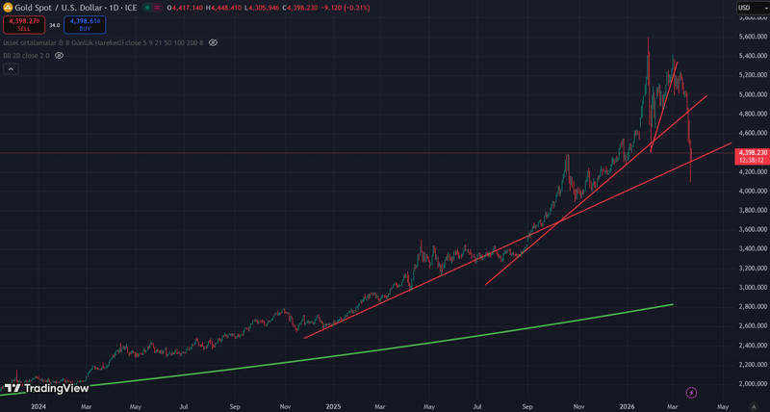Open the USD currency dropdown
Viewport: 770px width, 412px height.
(751, 9)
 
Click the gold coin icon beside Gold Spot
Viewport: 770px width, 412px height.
(8, 8)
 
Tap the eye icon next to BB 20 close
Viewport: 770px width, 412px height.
(59, 56)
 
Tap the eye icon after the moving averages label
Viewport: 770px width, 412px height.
(213, 42)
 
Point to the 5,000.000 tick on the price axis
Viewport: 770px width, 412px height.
(751, 94)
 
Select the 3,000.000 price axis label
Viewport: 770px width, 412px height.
(751, 287)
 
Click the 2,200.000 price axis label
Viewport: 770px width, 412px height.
(751, 364)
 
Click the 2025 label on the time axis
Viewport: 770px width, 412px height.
(334, 405)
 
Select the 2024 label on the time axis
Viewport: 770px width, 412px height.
(38, 405)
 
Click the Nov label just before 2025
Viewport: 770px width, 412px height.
(284, 405)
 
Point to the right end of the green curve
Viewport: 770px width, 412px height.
(672, 304)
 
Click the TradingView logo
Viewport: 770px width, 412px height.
(48, 388)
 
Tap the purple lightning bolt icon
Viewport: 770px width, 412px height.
(690, 392)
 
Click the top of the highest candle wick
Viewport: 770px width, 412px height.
(648, 38)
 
